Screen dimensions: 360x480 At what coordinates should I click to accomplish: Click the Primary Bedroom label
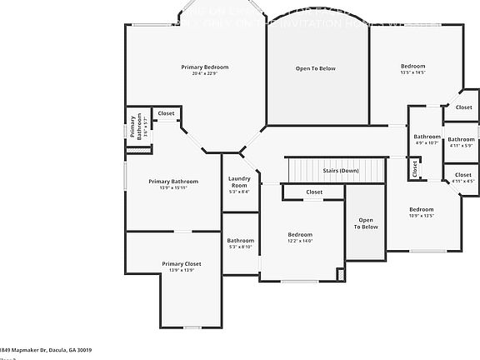[x=205, y=67]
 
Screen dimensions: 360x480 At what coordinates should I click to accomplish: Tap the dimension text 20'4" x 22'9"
[x=205, y=73]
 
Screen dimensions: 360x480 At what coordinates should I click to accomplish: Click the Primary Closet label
[x=182, y=263]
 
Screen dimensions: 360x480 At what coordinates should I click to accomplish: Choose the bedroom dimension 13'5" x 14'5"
[x=412, y=73]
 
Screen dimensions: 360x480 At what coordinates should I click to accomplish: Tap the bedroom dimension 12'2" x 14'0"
[x=300, y=241]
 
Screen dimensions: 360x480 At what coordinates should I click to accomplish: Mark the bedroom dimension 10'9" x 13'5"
[x=421, y=216]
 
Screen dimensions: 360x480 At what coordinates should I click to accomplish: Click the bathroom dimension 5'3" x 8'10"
[x=240, y=247]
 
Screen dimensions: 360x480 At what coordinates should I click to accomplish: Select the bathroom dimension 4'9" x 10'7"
[x=427, y=142]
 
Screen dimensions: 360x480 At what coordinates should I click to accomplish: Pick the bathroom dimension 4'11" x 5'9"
[x=461, y=146]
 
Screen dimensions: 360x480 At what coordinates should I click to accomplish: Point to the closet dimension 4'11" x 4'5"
[x=462, y=181]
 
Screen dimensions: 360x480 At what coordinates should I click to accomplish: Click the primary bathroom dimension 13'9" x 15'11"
[x=173, y=187]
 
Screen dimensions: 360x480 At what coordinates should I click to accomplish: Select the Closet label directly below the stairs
[x=313, y=192]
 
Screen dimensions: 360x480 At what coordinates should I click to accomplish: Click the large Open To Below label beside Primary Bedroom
[x=316, y=68]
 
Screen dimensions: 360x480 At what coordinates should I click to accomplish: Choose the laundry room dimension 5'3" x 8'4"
[x=239, y=192]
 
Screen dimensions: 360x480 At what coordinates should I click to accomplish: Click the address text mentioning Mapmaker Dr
[x=46, y=350]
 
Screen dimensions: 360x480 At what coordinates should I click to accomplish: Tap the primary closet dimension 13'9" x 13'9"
[x=182, y=270]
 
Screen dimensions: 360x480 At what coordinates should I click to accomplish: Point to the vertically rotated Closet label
[x=414, y=168]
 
